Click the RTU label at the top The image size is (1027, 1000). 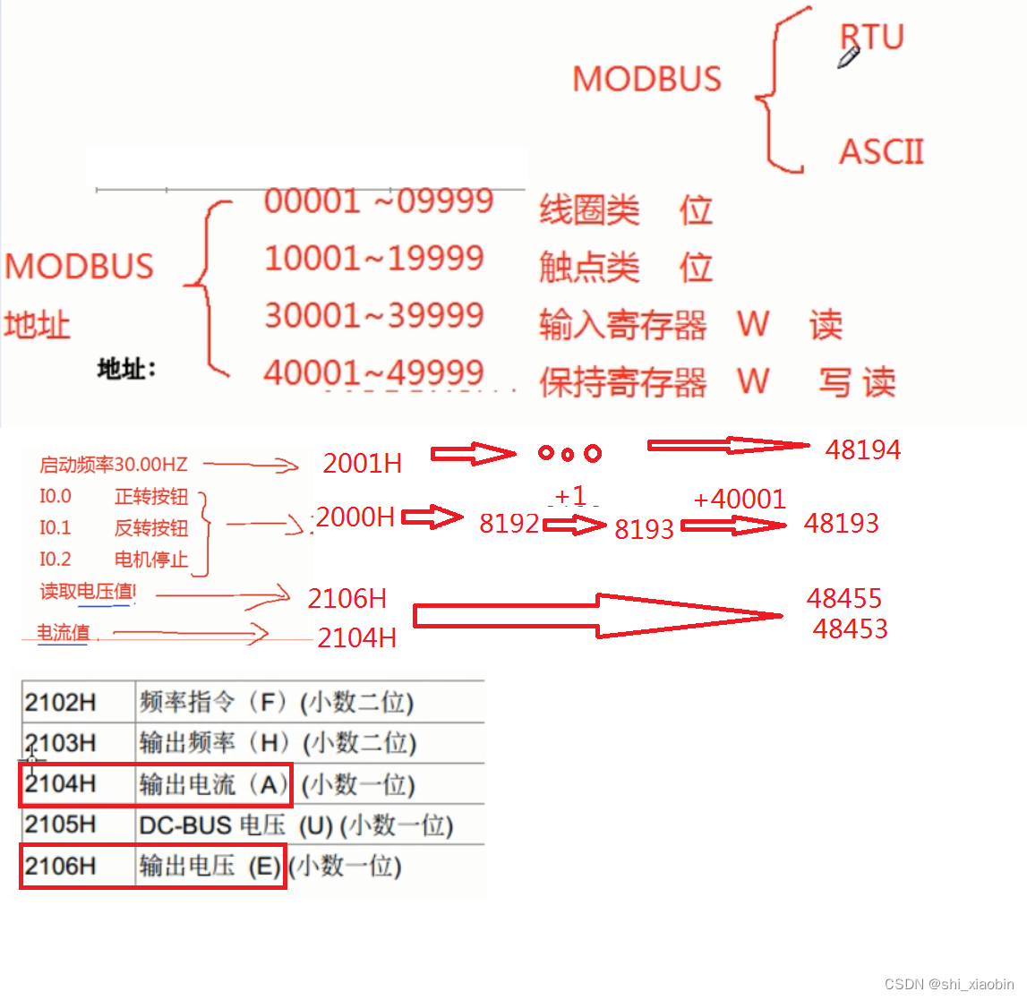click(x=873, y=37)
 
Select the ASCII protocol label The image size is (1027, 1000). click(x=881, y=152)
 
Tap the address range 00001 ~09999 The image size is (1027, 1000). click(x=378, y=201)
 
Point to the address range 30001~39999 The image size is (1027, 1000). click(x=373, y=315)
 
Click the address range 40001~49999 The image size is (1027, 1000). click(x=373, y=372)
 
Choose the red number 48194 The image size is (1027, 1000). click(x=862, y=449)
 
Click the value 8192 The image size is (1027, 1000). click(x=509, y=523)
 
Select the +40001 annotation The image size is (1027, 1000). click(x=739, y=499)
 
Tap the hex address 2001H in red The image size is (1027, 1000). click(x=362, y=463)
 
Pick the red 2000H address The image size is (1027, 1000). click(x=355, y=517)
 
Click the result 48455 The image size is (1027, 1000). click(x=843, y=598)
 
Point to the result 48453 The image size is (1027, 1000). click(x=850, y=628)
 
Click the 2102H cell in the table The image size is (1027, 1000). click(x=60, y=702)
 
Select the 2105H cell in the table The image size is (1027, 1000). click(x=60, y=825)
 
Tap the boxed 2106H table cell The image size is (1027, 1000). click(x=60, y=866)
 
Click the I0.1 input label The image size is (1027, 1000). click(x=55, y=527)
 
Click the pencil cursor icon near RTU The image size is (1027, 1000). click(x=848, y=57)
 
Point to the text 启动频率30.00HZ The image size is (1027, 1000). click(x=114, y=465)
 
